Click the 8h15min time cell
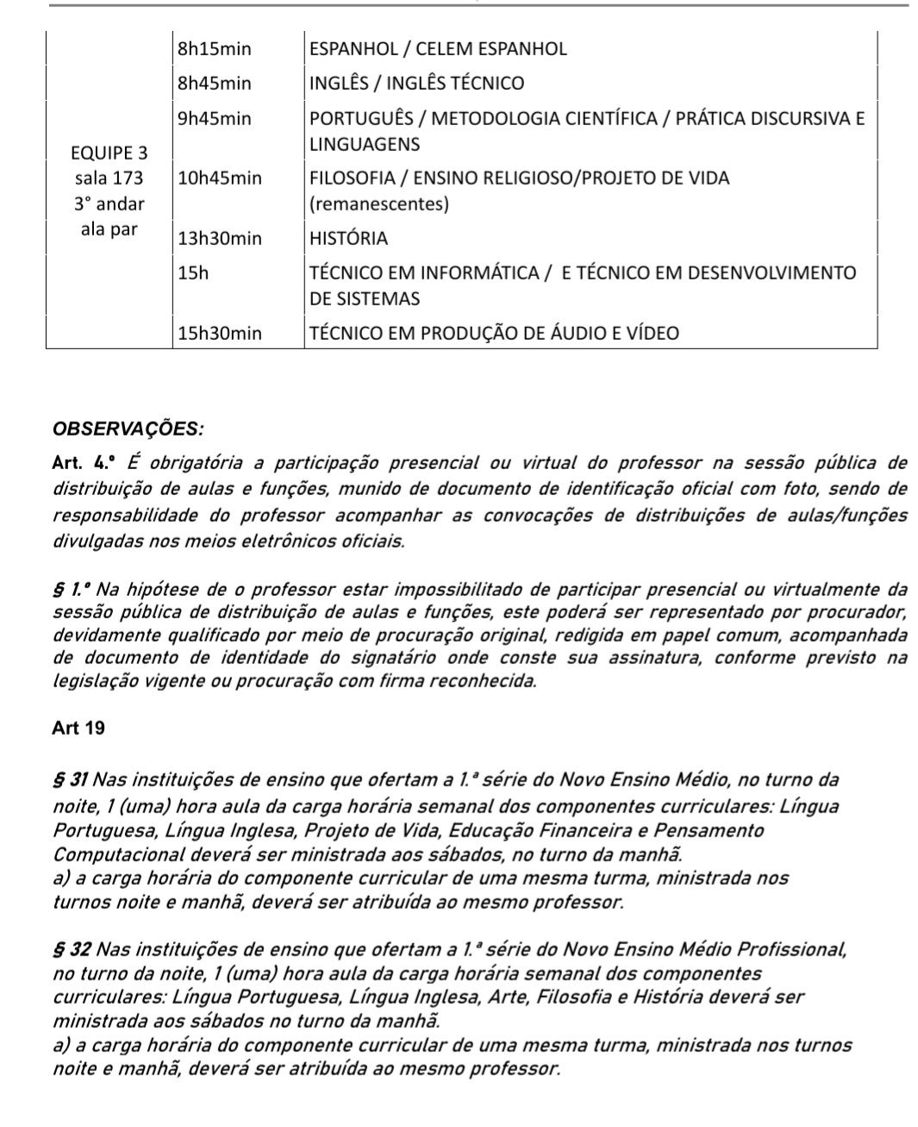click(214, 49)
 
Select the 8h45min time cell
click(214, 84)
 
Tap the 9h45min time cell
click(214, 119)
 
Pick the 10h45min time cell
click(219, 178)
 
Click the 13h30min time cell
click(219, 239)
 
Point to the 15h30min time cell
click(219, 334)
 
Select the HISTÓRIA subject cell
click(348, 239)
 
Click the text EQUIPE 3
click(109, 153)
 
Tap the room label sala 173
click(109, 178)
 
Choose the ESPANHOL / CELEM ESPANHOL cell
click(438, 49)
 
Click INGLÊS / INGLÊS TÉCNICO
click(416, 84)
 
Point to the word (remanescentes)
click(378, 204)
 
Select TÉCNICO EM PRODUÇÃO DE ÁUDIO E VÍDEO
click(494, 334)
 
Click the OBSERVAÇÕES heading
click(128, 429)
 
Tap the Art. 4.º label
click(83, 464)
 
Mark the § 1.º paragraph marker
click(72, 591)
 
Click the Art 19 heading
click(78, 729)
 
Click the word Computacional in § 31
click(118, 855)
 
